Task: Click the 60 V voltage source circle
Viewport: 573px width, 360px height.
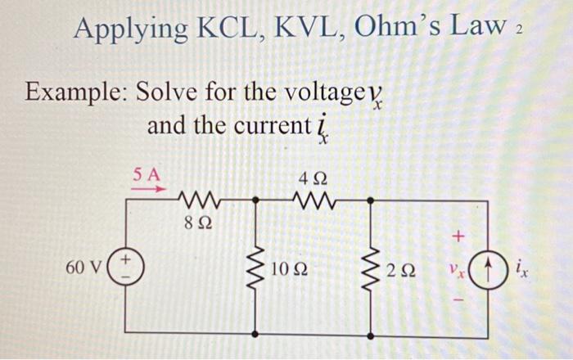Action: tap(126, 268)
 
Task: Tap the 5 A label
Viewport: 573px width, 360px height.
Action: tap(148, 173)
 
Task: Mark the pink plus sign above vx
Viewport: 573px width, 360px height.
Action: tap(459, 236)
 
